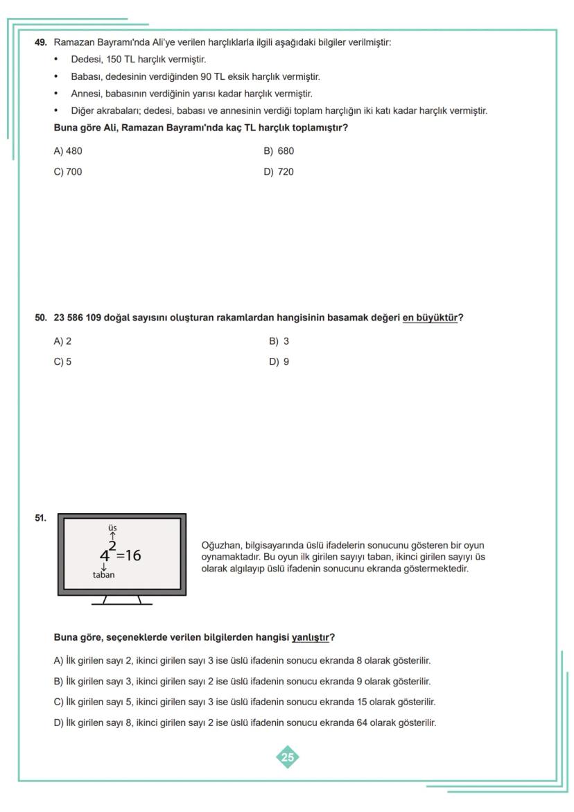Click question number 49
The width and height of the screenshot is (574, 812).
click(x=40, y=42)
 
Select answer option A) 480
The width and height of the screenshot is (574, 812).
click(x=68, y=151)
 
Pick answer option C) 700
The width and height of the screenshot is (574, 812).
click(x=68, y=171)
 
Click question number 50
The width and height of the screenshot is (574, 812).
click(x=40, y=318)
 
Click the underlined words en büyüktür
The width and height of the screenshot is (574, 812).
click(x=430, y=318)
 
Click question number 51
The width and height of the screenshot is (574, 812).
click(x=40, y=517)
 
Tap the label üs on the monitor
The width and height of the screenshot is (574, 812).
click(x=112, y=528)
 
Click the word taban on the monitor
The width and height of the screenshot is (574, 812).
click(x=104, y=575)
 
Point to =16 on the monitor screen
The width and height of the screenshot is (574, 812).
click(x=129, y=555)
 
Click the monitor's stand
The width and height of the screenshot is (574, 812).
click(x=121, y=600)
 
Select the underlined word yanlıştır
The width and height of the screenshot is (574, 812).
click(x=310, y=637)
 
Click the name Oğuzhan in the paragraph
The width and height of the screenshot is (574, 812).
click(x=220, y=546)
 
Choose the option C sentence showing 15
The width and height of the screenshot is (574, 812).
click(x=245, y=702)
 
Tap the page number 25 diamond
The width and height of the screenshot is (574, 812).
click(x=288, y=757)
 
